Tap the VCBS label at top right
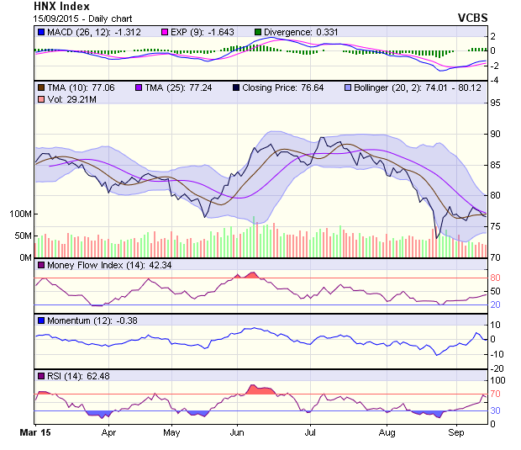473,18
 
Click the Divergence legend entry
294,32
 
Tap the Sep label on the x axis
457,432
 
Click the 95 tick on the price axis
497,103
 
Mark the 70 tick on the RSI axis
497,394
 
